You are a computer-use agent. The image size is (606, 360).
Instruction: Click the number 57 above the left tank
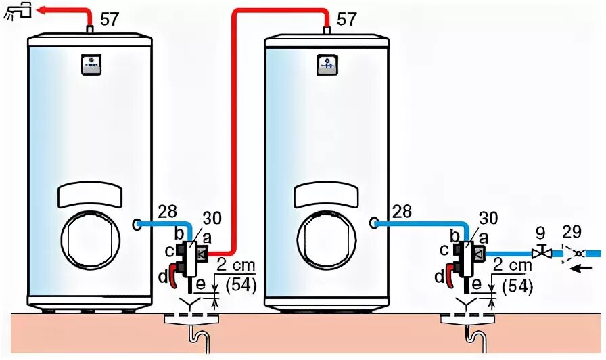click(110, 19)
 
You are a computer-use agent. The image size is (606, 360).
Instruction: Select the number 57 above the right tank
click(346, 19)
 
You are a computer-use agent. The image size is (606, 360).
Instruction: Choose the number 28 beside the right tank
click(402, 211)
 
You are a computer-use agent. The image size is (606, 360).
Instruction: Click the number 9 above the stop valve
click(540, 233)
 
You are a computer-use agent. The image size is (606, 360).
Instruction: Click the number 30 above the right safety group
click(488, 217)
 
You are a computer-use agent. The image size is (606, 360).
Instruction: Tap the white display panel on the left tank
click(91, 195)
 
